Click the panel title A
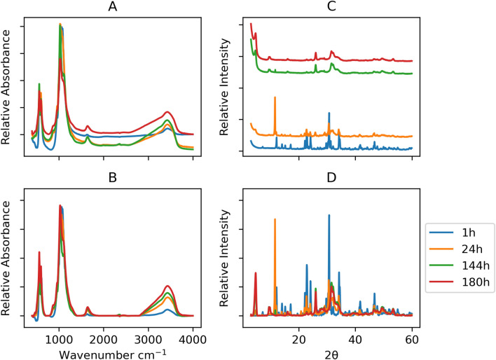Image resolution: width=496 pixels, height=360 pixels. click(111, 7)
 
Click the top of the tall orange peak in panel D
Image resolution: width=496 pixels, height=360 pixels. click(275, 219)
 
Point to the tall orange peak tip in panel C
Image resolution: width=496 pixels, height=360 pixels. click(275, 97)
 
